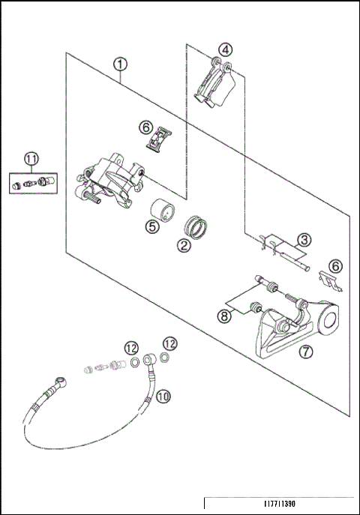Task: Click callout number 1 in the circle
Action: click(x=120, y=64)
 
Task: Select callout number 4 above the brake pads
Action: click(x=225, y=50)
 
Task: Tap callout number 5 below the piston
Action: click(x=152, y=226)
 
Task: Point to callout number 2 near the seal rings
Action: click(x=184, y=245)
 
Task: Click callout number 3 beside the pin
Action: click(x=304, y=240)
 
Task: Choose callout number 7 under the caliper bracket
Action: click(x=306, y=352)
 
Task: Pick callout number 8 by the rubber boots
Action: click(x=224, y=316)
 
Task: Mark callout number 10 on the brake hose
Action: click(x=163, y=397)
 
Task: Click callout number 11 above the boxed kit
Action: click(x=31, y=159)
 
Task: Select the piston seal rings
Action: click(x=196, y=226)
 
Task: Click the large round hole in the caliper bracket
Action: click(x=329, y=320)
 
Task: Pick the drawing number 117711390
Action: click(x=280, y=504)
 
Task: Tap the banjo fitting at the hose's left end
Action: click(x=61, y=382)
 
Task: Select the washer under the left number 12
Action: click(x=135, y=362)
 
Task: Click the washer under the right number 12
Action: click(x=165, y=357)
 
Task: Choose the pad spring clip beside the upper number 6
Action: click(x=159, y=139)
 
